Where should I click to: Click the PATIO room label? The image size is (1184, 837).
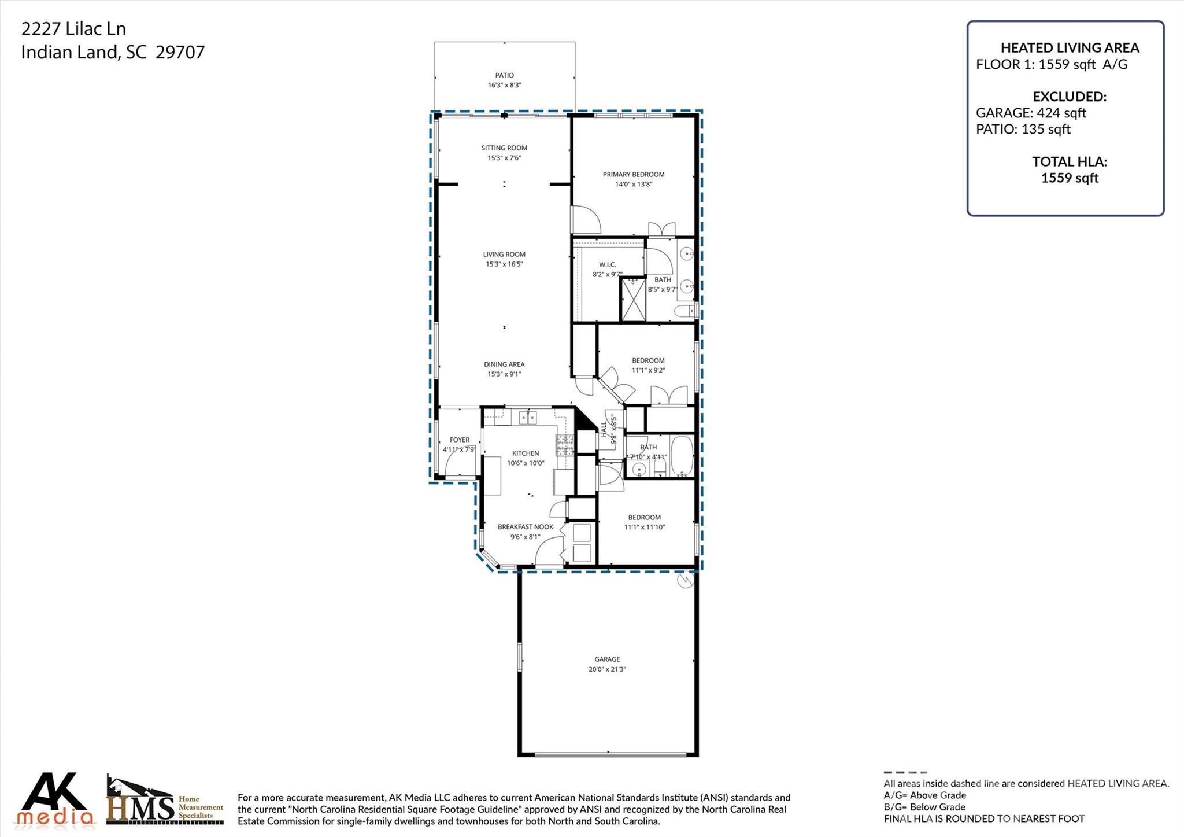click(x=504, y=75)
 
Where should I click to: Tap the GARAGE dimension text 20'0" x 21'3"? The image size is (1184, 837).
click(x=607, y=669)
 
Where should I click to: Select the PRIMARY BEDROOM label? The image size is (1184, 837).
click(x=634, y=174)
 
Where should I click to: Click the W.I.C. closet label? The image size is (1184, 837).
click(x=607, y=264)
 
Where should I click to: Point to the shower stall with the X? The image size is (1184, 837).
click(x=632, y=299)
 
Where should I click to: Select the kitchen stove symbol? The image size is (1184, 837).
click(x=565, y=444)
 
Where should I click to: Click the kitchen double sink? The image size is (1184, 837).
click(x=528, y=417)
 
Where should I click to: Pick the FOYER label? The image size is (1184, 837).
click(x=460, y=440)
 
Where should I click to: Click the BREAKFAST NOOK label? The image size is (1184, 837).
click(x=525, y=526)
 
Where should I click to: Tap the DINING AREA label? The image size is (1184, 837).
click(x=504, y=364)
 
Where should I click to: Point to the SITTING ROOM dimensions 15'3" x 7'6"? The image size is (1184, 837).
click(x=504, y=158)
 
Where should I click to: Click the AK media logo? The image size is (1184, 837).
click(x=55, y=799)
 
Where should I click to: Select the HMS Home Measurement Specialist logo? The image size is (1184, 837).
click(x=165, y=801)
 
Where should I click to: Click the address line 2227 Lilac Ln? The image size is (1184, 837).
click(x=73, y=28)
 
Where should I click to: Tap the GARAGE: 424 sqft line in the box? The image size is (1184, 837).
click(x=1031, y=113)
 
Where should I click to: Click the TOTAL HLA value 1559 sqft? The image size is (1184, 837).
click(x=1070, y=178)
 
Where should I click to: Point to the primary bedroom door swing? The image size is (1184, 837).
click(x=586, y=220)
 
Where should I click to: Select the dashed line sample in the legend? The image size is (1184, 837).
click(x=905, y=772)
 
